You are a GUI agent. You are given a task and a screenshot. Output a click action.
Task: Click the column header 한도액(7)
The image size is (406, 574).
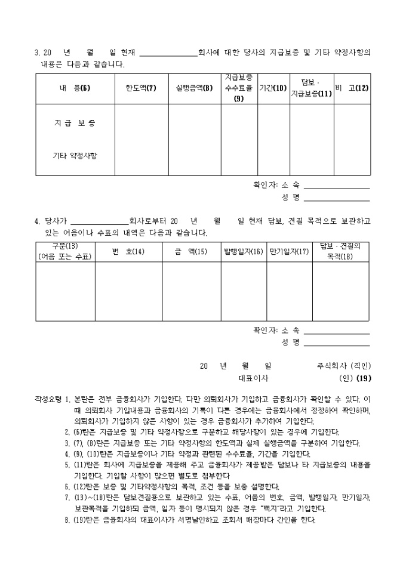(141, 89)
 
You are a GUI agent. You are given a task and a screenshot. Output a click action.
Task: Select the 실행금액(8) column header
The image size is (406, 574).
(195, 89)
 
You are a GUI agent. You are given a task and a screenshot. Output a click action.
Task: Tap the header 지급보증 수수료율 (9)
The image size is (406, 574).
(239, 88)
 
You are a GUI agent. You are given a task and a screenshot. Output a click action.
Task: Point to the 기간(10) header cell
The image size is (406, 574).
(273, 89)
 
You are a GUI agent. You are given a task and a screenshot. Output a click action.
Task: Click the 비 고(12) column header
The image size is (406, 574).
(352, 89)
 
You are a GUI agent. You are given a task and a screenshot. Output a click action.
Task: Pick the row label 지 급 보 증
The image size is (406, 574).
(75, 124)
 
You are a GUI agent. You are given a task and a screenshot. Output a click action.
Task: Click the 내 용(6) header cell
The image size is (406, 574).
(75, 89)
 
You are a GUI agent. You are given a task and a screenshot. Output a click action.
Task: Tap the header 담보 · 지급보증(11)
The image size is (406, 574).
(311, 88)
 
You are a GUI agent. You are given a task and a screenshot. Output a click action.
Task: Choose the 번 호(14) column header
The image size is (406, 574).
(128, 252)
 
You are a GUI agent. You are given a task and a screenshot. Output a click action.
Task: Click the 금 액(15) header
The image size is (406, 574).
(191, 252)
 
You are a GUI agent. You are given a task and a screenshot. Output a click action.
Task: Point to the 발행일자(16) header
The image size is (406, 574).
(244, 252)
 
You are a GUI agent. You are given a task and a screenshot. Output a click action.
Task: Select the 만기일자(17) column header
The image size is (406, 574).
(289, 252)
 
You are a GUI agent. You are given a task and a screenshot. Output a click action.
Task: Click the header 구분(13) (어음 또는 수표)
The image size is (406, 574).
(65, 251)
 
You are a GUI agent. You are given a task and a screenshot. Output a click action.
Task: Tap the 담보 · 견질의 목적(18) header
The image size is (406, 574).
(340, 251)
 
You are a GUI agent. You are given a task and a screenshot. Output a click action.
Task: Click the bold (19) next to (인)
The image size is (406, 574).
(364, 378)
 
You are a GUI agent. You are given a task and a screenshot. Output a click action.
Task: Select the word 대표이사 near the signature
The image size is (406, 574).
(253, 378)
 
